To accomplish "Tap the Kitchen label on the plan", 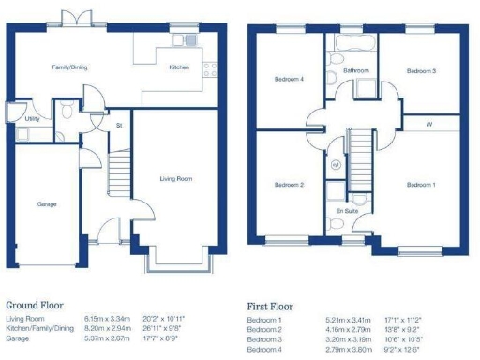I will tap(178, 67).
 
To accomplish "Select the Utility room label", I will tap(32, 119).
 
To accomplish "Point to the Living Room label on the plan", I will tap(175, 178).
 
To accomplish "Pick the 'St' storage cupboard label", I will tap(119, 125).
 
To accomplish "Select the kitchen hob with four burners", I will tap(209, 68).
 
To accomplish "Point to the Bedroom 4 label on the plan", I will tap(289, 79).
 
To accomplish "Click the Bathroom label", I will tap(355, 70).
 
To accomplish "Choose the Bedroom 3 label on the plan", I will tap(421, 71).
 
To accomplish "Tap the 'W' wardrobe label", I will tap(428, 124).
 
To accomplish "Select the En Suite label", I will tap(346, 213).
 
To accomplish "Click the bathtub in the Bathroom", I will tap(351, 42).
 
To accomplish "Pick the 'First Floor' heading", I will tap(270, 306).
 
